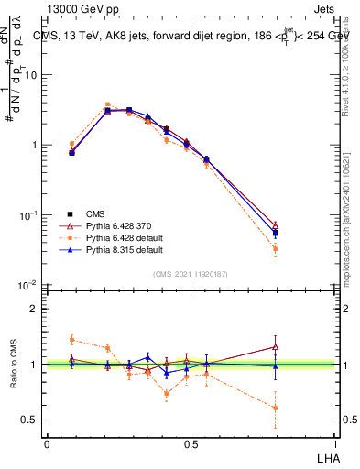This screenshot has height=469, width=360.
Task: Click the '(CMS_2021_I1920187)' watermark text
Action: tap(191, 274)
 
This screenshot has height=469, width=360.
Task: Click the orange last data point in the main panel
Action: tap(276, 249)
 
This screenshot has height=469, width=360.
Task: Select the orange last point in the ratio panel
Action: tap(276, 409)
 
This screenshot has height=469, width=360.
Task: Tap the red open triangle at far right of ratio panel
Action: tap(276, 346)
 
